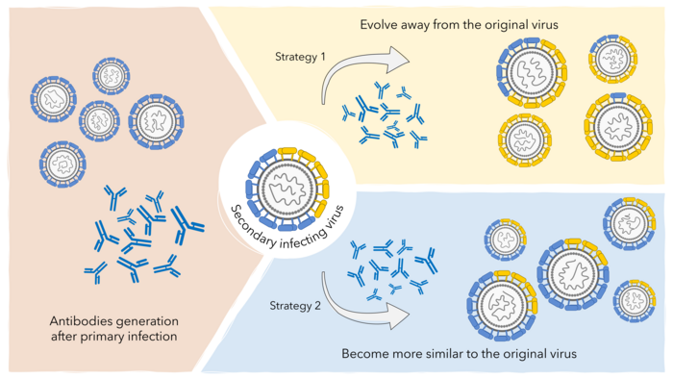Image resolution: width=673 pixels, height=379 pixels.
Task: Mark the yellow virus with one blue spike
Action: point(616,122)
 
